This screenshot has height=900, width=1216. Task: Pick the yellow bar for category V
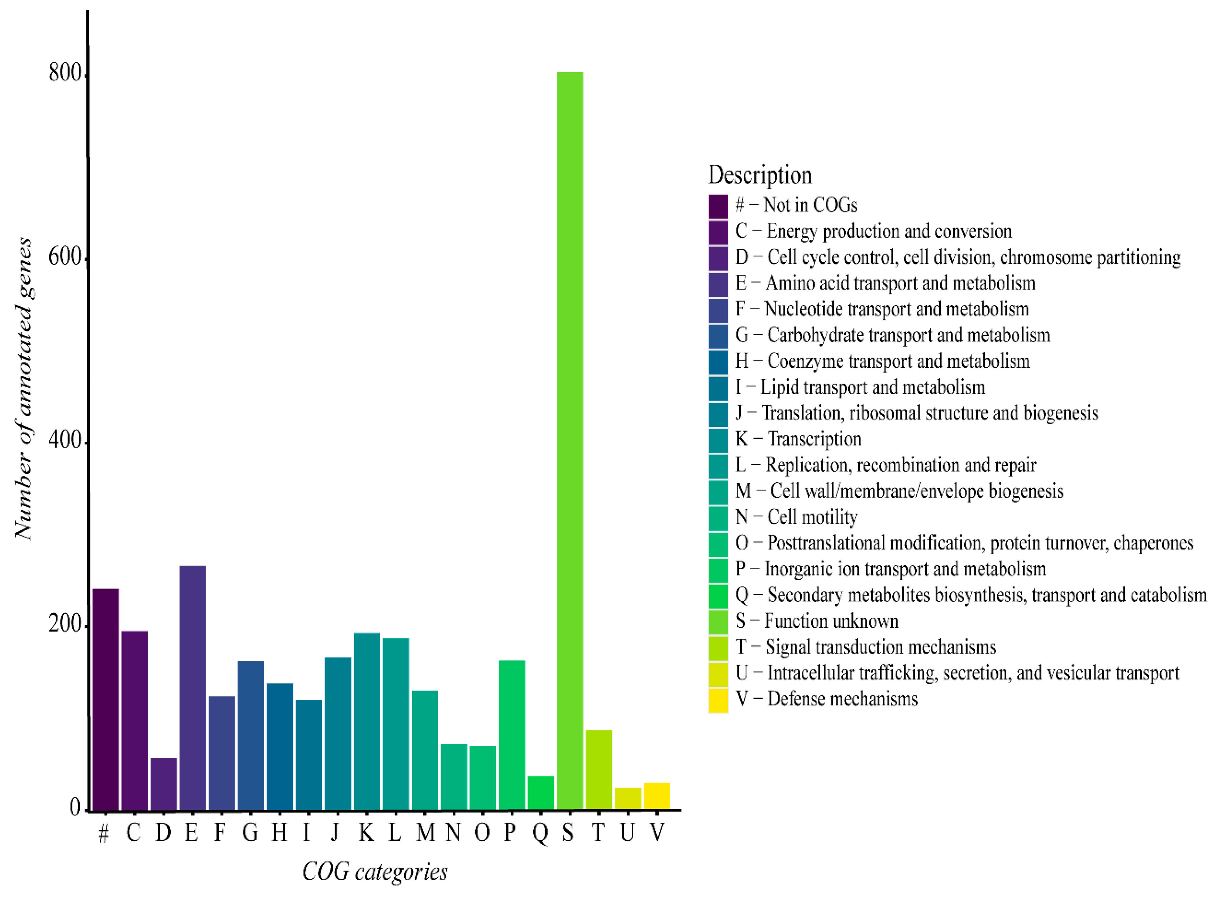point(657,796)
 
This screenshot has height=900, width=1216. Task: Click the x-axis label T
point(598,832)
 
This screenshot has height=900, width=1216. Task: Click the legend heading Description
point(760,175)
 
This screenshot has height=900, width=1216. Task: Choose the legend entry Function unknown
point(817,621)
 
